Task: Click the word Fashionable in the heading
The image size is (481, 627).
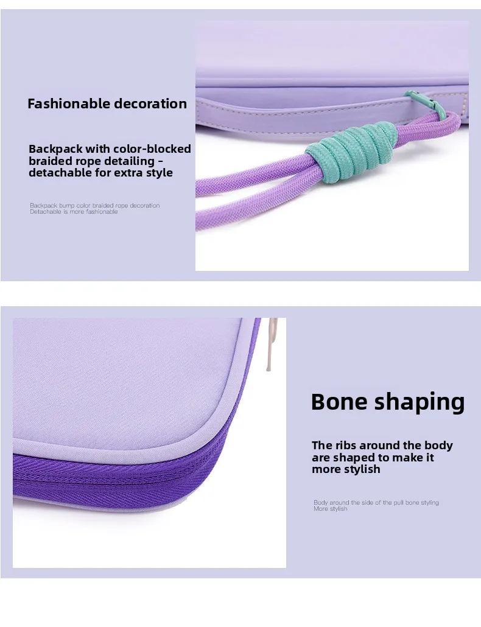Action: (69, 103)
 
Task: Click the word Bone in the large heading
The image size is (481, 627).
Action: (339, 402)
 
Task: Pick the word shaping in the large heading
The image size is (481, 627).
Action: (420, 403)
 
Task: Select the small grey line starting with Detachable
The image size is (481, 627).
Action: (74, 211)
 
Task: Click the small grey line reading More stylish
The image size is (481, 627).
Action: (330, 509)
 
